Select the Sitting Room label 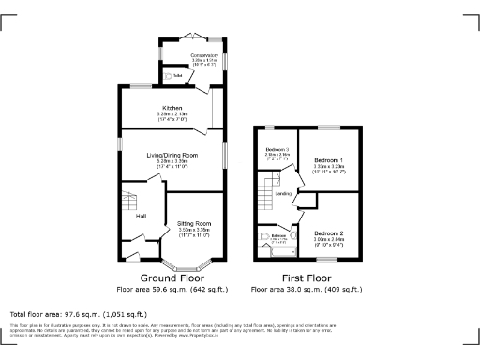tap(194, 224)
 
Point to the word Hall tap(141, 217)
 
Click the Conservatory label tap(204, 55)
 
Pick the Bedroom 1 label tap(328, 161)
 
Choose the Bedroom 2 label tap(329, 232)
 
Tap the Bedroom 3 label tap(276, 149)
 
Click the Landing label tap(283, 194)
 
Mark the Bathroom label tap(278, 235)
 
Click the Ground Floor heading tap(172, 278)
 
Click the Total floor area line tap(78, 313)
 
